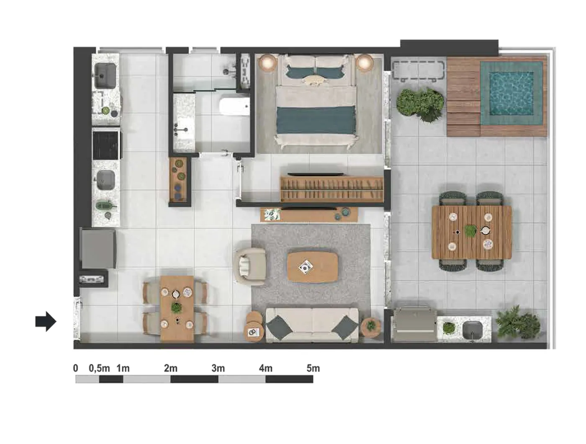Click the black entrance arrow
46,321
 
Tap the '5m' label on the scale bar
313,369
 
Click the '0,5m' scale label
99,369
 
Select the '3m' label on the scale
218,369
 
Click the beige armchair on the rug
249,266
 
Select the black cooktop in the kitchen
105,145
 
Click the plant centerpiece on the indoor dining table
176,308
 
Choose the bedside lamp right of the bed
364,63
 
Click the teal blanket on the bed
316,120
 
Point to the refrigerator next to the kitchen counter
98,248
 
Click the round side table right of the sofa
370,328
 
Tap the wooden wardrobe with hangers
332,189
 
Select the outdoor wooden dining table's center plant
470,230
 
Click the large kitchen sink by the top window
105,75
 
